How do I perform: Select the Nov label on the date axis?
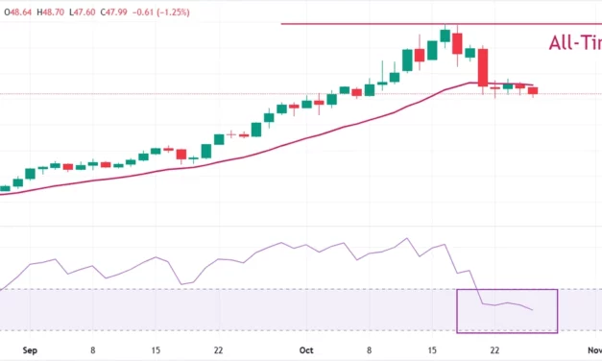coord(593,351)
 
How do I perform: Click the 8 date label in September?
coord(92,351)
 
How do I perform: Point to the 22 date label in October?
coord(494,351)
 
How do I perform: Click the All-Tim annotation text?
coord(574,42)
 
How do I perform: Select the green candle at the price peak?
coord(445,35)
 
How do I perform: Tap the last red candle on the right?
coord(534,90)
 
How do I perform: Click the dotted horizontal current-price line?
coord(192,94)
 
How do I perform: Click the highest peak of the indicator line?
coord(407,239)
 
